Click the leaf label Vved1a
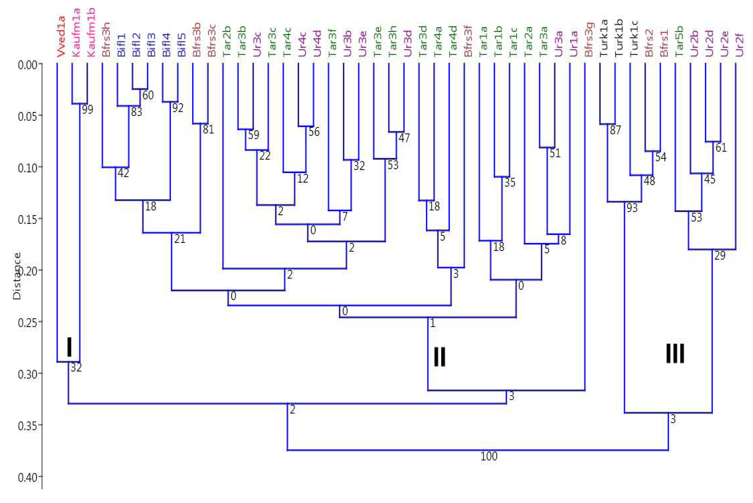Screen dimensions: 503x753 point(61,37)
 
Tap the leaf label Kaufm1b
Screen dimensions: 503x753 point(91,33)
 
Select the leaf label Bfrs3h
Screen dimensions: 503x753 point(106,39)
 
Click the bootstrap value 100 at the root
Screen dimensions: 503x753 point(489,456)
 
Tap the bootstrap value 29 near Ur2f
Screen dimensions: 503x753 point(720,256)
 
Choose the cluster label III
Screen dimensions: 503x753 point(675,353)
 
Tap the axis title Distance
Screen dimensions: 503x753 point(17,276)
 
